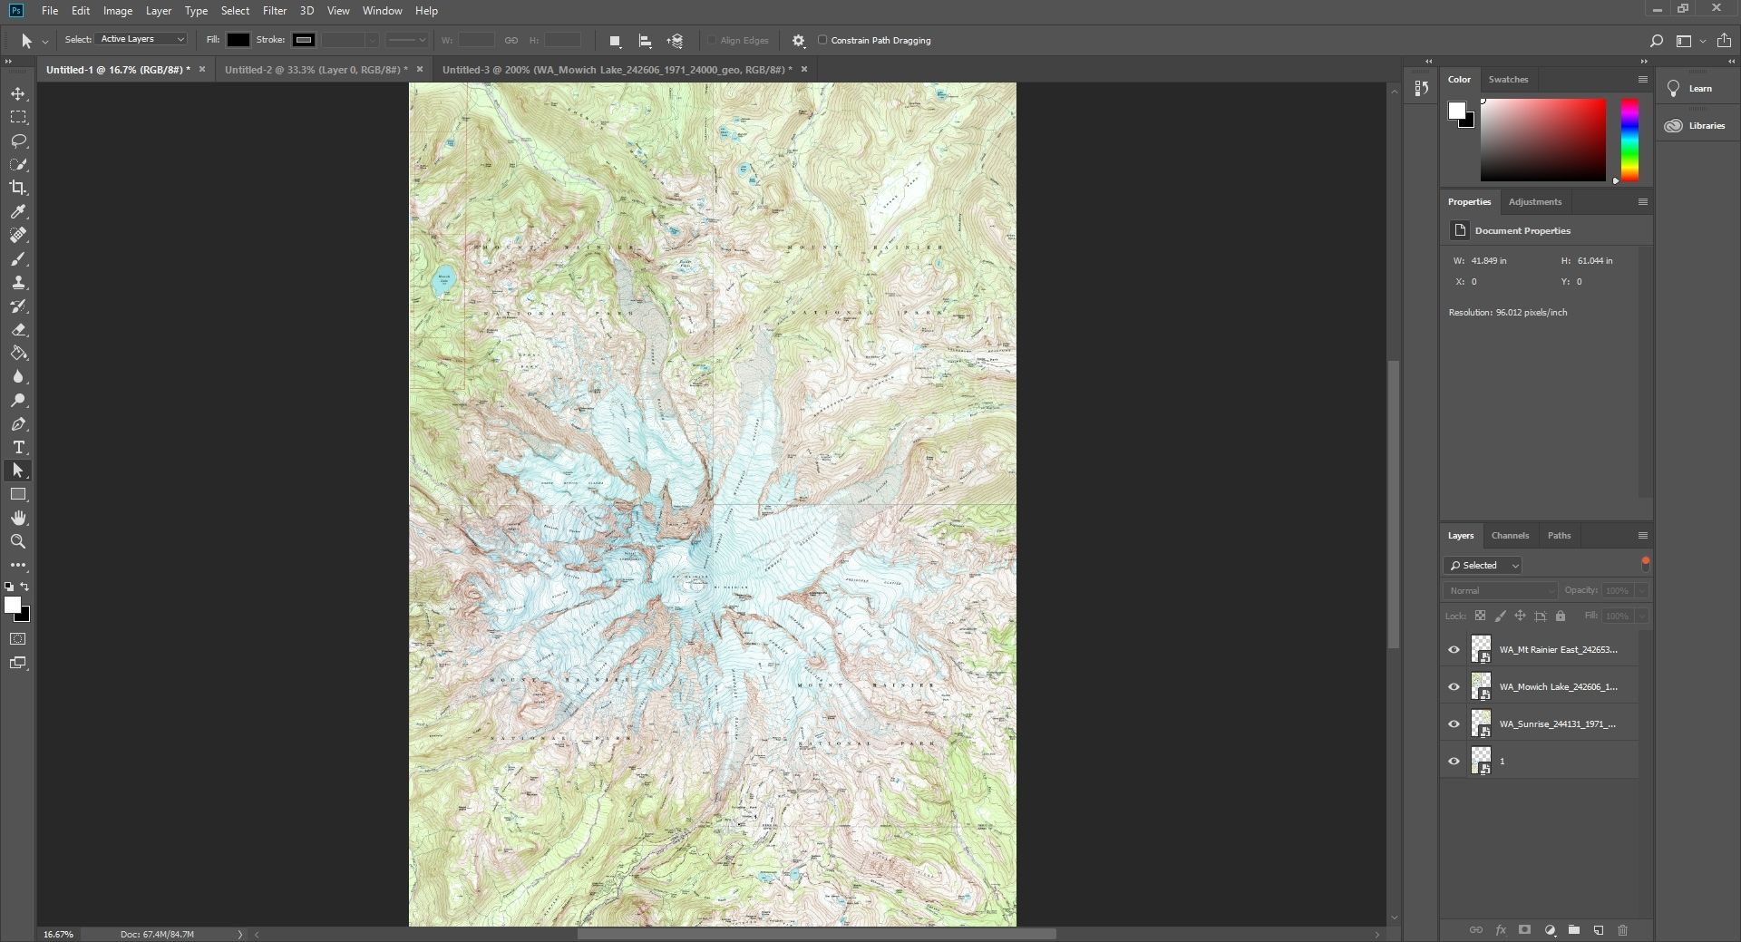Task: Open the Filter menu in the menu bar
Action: (x=274, y=11)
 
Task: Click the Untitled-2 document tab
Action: (x=315, y=70)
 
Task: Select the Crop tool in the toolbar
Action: (x=18, y=188)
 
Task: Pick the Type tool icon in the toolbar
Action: (x=18, y=448)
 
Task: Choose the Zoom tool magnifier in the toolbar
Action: (x=18, y=541)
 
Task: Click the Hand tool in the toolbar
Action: (x=18, y=518)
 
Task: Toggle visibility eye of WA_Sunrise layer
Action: (x=1454, y=724)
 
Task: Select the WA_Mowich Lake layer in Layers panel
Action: (x=1557, y=687)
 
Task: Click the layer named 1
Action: (x=1557, y=762)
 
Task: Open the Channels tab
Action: (x=1510, y=536)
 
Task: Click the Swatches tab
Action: (x=1508, y=80)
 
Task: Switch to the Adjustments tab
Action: (x=1534, y=202)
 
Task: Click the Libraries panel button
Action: (x=1697, y=126)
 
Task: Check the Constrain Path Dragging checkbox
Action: (x=822, y=40)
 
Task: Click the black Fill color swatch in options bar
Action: (x=238, y=40)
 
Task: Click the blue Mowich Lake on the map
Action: (x=443, y=280)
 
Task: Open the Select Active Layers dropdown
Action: (x=142, y=39)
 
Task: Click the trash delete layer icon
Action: (x=1622, y=930)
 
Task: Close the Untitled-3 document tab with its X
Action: (x=803, y=69)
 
